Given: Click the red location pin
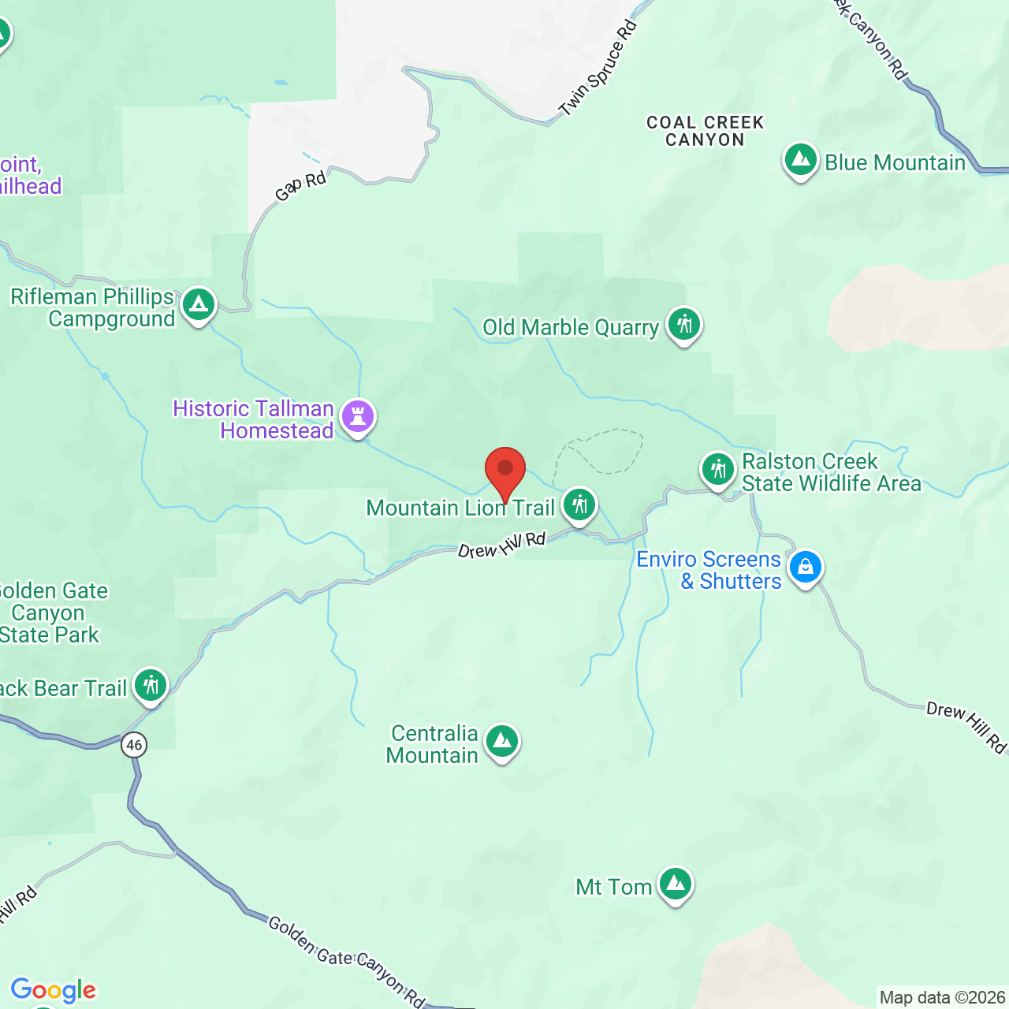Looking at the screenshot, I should pos(505,471).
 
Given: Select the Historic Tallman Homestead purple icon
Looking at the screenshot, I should pos(358,416).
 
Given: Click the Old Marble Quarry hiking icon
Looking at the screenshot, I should pos(683,325).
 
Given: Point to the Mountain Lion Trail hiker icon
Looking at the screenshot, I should pos(579,505).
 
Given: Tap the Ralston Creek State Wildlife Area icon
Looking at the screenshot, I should pos(717,470).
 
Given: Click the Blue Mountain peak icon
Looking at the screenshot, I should pos(800,161).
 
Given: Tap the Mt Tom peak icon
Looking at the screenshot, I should pos(675,885).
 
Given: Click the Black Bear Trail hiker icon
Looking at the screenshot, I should pos(150,686).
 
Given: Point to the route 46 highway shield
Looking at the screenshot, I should pos(134,745).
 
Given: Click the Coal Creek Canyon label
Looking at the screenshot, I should pos(706,132).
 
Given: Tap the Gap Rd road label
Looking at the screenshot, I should pos(300,187).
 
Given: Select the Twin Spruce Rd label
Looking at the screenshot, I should pos(598,69).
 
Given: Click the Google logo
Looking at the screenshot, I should pos(54,990).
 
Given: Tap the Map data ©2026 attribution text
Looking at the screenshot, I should pos(942,998).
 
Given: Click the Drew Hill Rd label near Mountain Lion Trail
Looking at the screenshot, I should pos(502,545).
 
